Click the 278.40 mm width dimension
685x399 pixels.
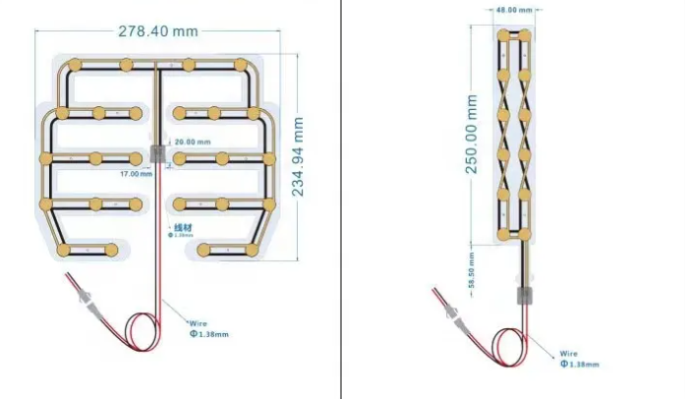click(x=157, y=30)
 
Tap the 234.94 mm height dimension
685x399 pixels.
click(x=298, y=157)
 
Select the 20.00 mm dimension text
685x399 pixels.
click(x=193, y=142)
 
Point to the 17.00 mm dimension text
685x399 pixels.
click(x=137, y=174)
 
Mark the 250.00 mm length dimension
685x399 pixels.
click(x=472, y=135)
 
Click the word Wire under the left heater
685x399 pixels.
click(x=198, y=322)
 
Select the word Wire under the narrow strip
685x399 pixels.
click(x=568, y=354)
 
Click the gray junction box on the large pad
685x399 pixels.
click(x=157, y=154)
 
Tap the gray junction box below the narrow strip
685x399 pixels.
click(x=523, y=297)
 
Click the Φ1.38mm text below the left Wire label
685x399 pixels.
click(x=208, y=334)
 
